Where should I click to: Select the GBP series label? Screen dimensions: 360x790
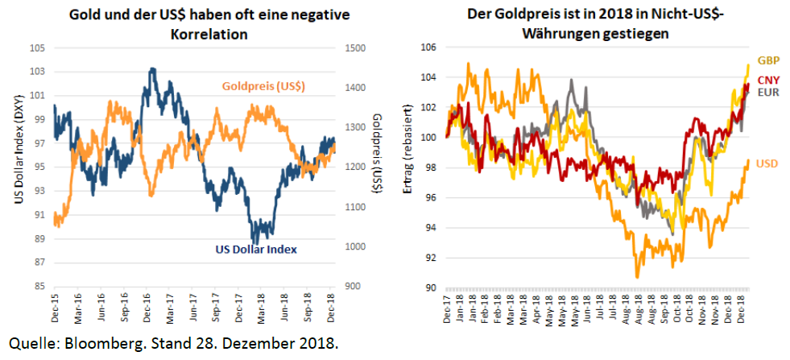pos(767,60)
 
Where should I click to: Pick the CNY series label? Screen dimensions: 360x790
pos(767,79)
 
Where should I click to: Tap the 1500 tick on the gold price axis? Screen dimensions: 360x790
pos(354,48)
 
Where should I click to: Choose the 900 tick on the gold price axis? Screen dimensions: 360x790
pos(352,286)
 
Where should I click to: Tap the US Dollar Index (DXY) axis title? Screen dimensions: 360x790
pos(18,166)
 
